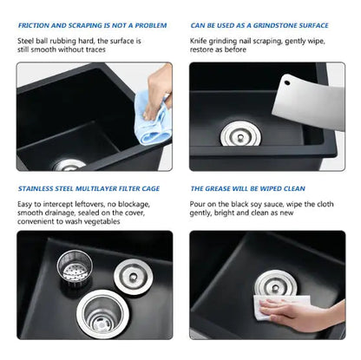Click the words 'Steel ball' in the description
coord(36,41)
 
